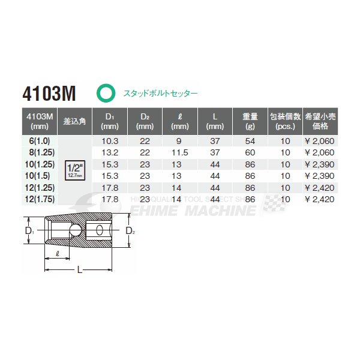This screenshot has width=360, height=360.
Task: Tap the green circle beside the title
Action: (x=106, y=93)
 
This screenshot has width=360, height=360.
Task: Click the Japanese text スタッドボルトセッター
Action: (x=160, y=94)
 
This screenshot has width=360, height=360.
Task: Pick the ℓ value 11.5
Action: (x=179, y=152)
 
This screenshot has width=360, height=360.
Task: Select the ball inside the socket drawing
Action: (x=75, y=230)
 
